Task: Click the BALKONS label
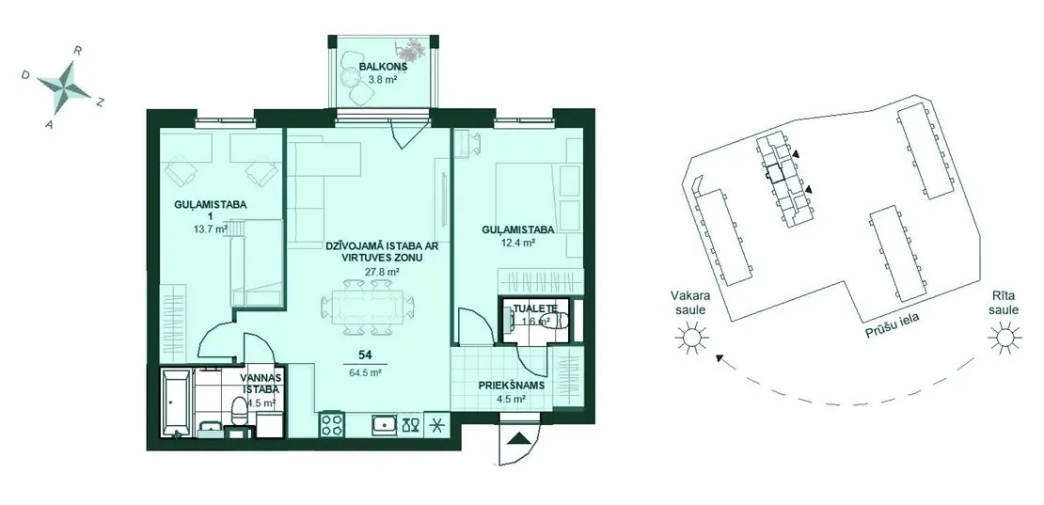coord(383,66)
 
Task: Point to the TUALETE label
coord(533,308)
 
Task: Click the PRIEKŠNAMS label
coord(512,386)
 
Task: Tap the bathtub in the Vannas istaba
coord(177,402)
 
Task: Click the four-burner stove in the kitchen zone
coord(332,424)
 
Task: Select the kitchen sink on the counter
coord(383,424)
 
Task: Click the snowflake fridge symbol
coord(436,424)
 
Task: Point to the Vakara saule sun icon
coord(689,338)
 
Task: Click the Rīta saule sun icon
coord(1004,338)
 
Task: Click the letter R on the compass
coord(78,50)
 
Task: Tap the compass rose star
coord(64,86)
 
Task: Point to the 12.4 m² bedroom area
coord(518,243)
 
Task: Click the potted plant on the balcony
coord(412,49)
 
